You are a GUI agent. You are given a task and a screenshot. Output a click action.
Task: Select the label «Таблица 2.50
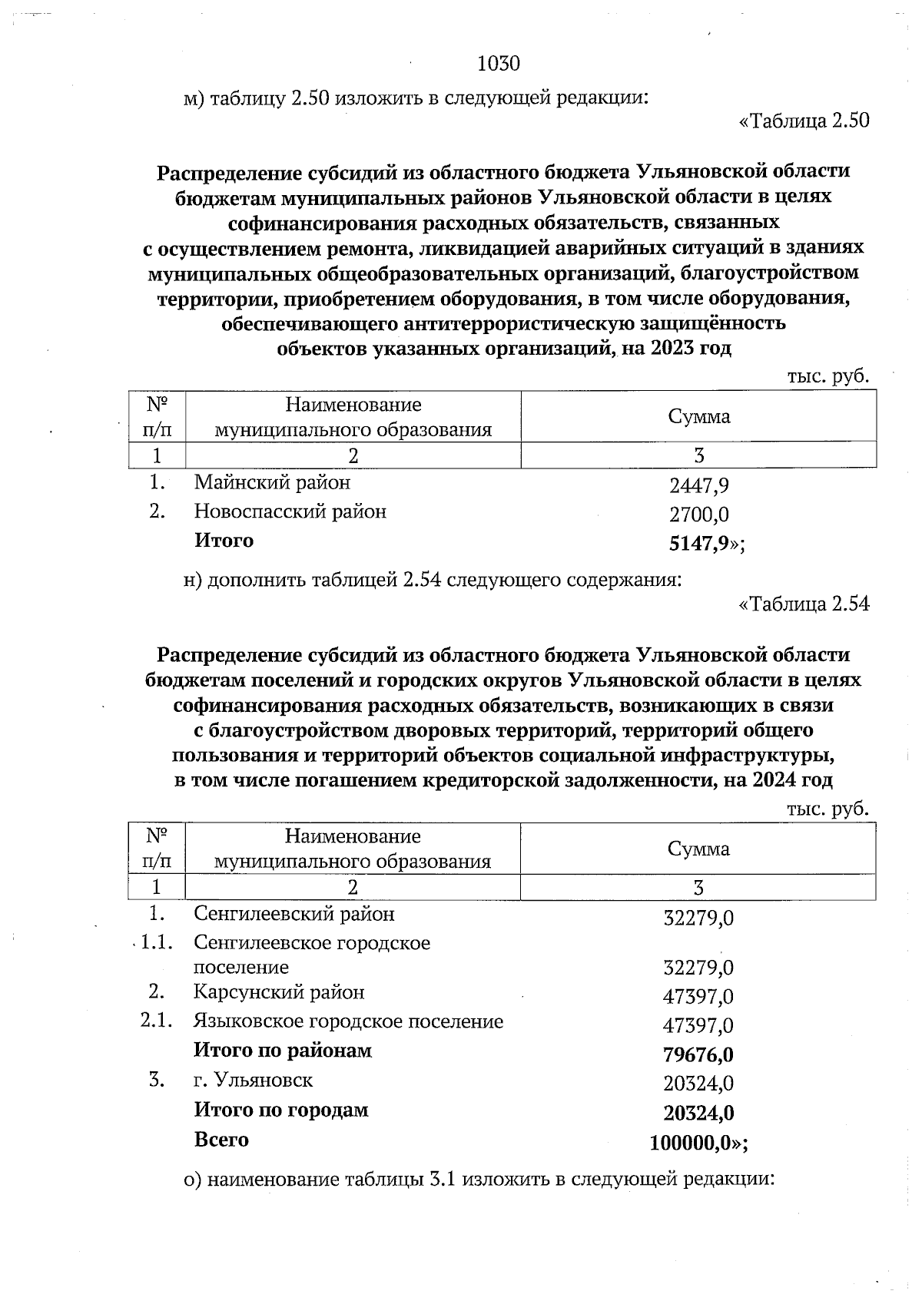click(x=804, y=121)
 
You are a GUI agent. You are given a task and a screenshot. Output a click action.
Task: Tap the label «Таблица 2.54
click(x=804, y=604)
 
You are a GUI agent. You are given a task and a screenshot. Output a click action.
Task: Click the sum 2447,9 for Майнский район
click(x=698, y=485)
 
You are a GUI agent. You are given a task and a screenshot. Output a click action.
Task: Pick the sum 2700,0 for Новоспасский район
click(x=698, y=514)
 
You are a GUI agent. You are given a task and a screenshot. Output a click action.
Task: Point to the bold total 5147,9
click(x=698, y=544)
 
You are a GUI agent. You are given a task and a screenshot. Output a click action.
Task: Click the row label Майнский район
click(x=272, y=482)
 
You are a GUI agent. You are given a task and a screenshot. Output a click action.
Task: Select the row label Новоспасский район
click(x=290, y=511)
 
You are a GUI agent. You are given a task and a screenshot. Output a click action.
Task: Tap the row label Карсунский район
click(x=279, y=992)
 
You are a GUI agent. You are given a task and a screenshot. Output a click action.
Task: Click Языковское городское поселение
click(x=348, y=1021)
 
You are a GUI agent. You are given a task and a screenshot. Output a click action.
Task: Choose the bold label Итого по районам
click(x=282, y=1051)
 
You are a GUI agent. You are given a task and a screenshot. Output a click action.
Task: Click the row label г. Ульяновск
click(x=253, y=1081)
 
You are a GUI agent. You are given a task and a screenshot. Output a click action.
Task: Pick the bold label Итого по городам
click(x=280, y=1110)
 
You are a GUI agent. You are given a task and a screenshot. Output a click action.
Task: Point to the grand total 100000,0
click(x=689, y=1143)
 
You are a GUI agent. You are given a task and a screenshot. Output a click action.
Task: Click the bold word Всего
click(x=221, y=1140)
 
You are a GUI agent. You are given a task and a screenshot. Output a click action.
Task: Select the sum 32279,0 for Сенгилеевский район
click(x=698, y=918)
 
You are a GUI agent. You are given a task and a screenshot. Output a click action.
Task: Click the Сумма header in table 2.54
click(x=698, y=849)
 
